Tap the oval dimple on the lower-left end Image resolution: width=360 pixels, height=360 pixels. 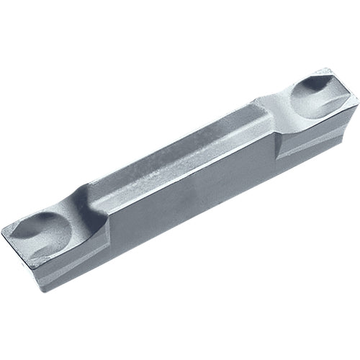(x=45, y=229)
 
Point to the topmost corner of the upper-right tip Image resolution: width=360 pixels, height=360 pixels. (x=328, y=69)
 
